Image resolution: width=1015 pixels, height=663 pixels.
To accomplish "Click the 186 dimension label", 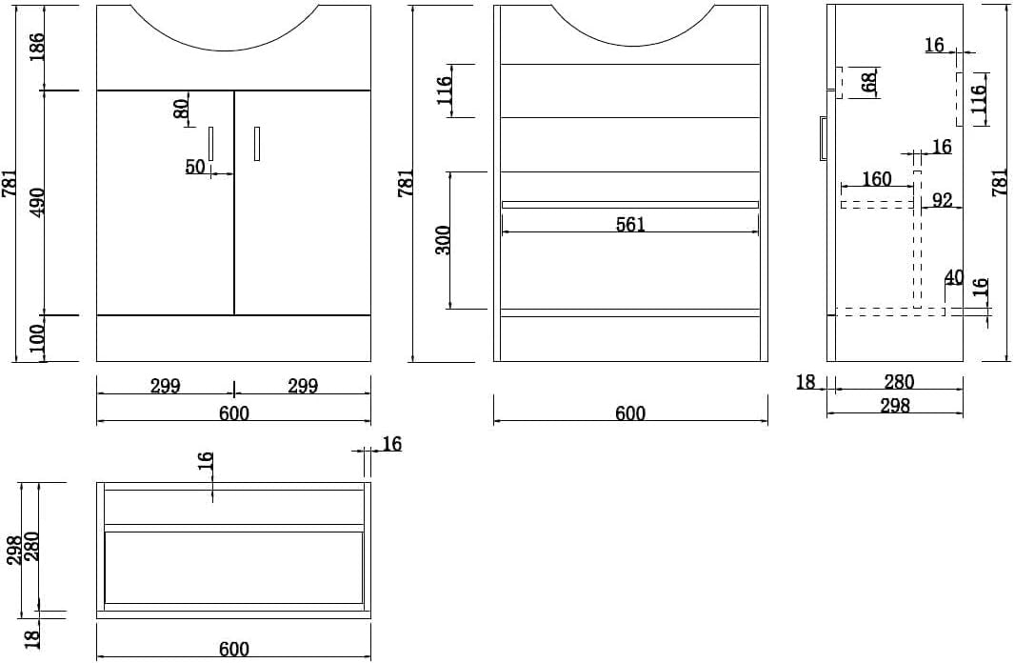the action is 37,48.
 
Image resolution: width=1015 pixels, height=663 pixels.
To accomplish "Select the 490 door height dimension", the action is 37,203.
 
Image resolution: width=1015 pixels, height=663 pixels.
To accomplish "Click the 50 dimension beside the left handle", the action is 195,167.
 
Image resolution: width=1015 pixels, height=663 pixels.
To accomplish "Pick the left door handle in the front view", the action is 210,143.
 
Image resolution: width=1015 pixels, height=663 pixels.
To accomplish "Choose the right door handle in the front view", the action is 257,143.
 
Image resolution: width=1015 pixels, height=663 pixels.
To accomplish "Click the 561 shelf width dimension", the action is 630,224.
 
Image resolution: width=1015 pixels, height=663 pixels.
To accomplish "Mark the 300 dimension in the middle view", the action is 443,240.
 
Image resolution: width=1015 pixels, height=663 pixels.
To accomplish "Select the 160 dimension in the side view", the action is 877,179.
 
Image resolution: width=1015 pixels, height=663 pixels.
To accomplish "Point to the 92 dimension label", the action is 942,200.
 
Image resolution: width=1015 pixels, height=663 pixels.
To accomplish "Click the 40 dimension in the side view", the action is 954,277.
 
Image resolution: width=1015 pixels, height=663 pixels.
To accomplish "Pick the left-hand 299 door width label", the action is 166,387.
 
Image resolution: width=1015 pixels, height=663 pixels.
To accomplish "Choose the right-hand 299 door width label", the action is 303,387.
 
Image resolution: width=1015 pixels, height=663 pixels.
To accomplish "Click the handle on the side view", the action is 824,138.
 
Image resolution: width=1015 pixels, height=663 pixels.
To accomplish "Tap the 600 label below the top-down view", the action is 234,649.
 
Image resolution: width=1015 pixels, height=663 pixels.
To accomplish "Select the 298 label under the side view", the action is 895,406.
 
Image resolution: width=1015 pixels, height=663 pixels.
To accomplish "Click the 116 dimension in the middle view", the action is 444,91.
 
